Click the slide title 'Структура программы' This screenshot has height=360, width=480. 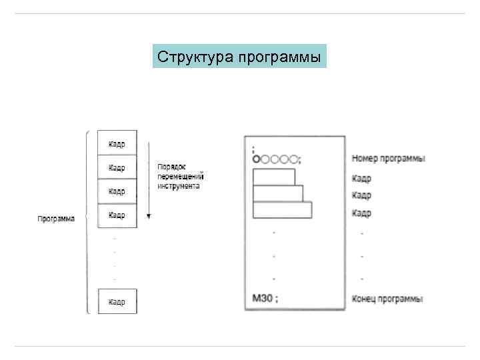coord(239,57)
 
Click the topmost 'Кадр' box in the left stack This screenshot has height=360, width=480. coord(117,143)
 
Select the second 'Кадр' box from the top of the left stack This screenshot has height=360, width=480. coord(117,167)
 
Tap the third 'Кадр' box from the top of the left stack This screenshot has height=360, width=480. coord(117,191)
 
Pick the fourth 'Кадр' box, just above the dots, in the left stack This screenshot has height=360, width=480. coord(117,215)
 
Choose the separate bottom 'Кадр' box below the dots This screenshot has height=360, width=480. coord(117,301)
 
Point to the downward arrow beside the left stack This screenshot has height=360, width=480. coord(149,180)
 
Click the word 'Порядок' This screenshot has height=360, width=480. coord(171,167)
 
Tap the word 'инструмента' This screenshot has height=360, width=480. coord(178,186)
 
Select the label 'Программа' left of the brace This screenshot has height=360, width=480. coord(56,219)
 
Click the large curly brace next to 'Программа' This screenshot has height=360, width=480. coord(87,220)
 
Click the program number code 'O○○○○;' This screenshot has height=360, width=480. coord(277,159)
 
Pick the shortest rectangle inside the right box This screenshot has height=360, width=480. coord(274,177)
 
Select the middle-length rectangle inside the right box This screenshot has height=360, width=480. coord(278,193)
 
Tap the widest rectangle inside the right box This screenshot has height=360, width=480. coord(282,209)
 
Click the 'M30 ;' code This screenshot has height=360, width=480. coord(265,299)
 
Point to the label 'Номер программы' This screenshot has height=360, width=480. coord(389,159)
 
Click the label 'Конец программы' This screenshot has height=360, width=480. coord(387,299)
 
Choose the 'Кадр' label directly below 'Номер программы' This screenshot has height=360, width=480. coord(361,179)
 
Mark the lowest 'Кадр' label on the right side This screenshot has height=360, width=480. coord(361,213)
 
